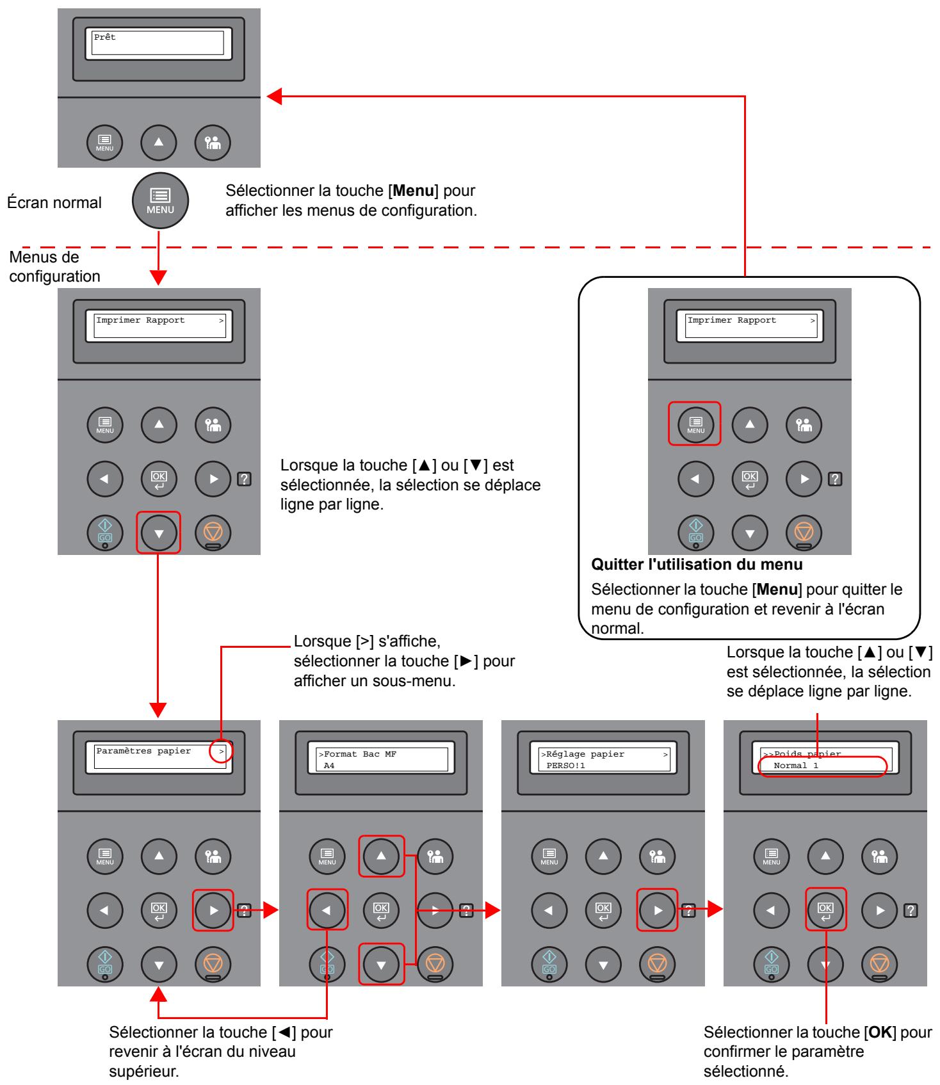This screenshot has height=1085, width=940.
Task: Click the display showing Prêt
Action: point(159,44)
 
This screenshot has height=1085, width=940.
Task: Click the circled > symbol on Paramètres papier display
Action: point(222,751)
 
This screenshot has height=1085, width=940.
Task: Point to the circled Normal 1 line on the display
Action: point(822,766)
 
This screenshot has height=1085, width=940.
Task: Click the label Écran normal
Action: point(54,204)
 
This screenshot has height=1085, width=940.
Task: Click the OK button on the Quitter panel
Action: point(749,478)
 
